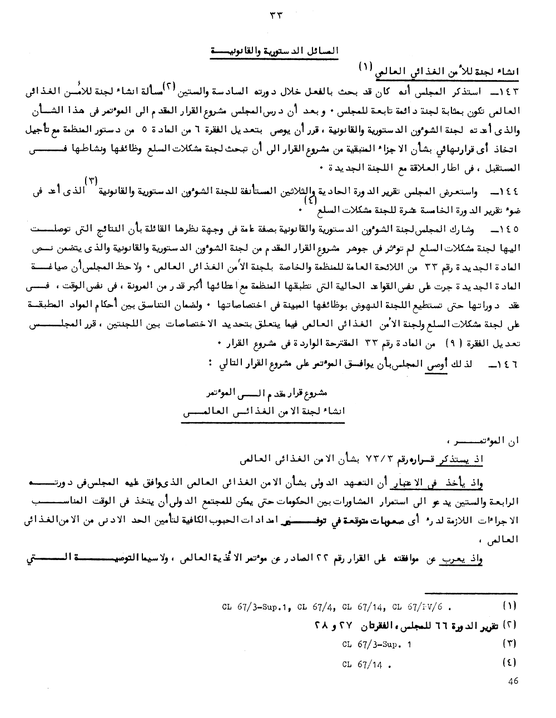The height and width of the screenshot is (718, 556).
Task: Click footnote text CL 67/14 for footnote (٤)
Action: [x=364, y=663]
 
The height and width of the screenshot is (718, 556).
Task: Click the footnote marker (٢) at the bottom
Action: [x=509, y=625]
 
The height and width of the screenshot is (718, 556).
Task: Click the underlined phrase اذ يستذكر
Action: [x=464, y=461]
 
